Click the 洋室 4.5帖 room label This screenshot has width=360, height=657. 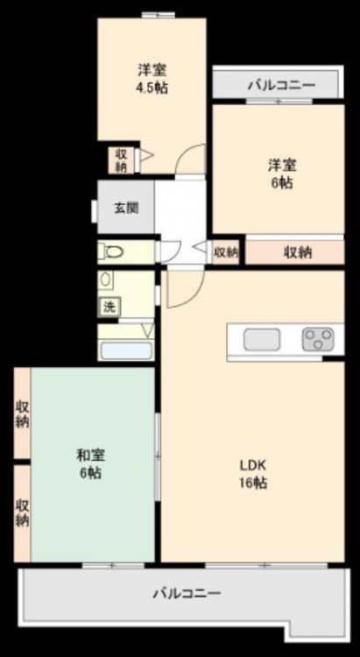click(x=152, y=78)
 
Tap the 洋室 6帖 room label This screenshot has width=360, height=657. click(x=282, y=174)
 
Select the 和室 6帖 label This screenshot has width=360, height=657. click(x=90, y=463)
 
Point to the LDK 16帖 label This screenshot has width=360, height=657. click(x=253, y=474)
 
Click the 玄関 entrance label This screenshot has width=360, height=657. click(x=126, y=208)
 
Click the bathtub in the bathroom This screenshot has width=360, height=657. click(x=126, y=350)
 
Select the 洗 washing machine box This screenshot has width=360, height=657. click(x=109, y=307)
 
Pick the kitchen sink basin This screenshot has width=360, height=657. click(x=262, y=339)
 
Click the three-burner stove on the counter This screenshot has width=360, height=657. click(x=318, y=339)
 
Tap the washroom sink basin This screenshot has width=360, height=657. click(x=106, y=279)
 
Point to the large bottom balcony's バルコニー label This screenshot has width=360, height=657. click(x=186, y=593)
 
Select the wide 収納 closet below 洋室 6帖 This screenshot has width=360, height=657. click(x=295, y=252)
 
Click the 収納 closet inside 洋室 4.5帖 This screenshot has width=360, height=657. click(x=121, y=160)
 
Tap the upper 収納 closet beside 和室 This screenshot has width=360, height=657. click(x=22, y=413)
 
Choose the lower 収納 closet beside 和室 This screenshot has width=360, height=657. click(x=22, y=513)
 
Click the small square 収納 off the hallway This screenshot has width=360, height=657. click(x=226, y=252)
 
